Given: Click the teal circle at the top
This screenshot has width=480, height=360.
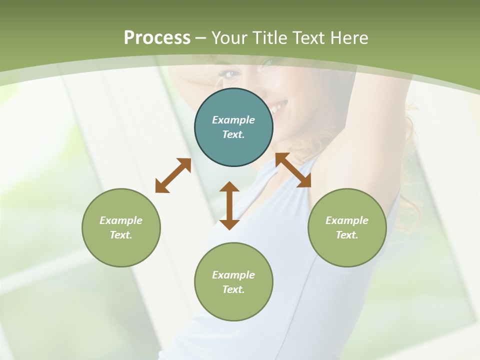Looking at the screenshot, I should pos(233,127).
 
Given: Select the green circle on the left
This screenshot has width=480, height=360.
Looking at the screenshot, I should pos(121,227).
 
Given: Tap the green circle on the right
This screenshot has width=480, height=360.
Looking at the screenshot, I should pos(347,227).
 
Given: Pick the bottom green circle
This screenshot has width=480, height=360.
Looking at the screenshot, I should pos(233,282).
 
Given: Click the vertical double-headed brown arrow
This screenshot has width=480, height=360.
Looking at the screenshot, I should pos(229,205).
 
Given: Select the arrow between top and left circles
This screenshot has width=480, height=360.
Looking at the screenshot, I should pos(173,175).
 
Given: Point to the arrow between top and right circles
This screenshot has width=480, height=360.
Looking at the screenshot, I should pos(293,170).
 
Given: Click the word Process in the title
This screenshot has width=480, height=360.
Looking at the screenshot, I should pos(157,37).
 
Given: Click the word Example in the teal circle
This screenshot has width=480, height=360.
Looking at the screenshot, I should pos(233,120).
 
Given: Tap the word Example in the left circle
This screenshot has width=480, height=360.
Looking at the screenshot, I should pos(121,220).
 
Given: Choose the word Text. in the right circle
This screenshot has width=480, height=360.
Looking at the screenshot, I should pos(347,235).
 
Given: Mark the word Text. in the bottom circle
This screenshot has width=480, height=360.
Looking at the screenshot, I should pos(233,289).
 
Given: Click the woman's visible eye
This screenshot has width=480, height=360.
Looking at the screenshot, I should pos(230,74).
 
